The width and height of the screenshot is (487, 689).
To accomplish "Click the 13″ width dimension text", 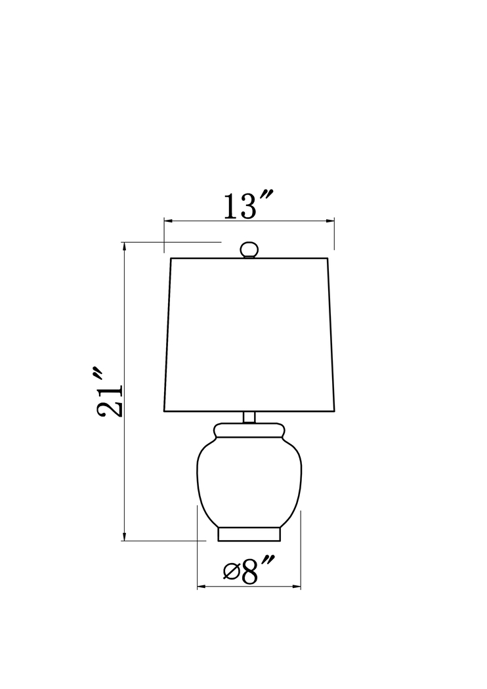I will coord(248,207).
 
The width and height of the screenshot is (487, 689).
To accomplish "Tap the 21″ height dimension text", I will coord(109,392).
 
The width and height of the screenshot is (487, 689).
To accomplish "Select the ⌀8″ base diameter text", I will coord(249,571).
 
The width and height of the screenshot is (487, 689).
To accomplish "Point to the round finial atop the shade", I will coord(249,250).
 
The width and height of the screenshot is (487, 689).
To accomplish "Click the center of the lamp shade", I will coord(249,335).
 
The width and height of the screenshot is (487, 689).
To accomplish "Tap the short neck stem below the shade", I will coord(249,417).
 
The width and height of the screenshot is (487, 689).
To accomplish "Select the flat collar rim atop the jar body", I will coord(249,431).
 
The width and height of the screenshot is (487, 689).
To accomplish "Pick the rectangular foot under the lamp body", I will coord(249,534).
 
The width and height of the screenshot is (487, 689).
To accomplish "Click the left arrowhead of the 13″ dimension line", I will coord(167,221).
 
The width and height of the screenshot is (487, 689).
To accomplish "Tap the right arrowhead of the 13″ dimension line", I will coord(331,221).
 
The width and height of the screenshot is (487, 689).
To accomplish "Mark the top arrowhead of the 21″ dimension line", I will coord(124,246).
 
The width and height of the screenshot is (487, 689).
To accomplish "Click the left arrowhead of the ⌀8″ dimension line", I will coord(201,587).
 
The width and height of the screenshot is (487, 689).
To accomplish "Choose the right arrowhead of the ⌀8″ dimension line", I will coord(297,587).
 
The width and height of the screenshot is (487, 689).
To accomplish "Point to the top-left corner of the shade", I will coord(171,259).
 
